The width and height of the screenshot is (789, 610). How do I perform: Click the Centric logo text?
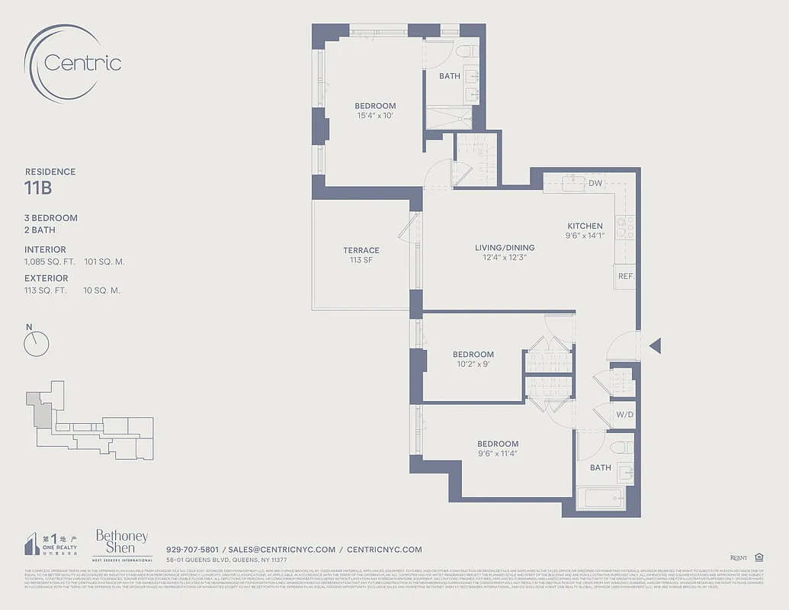pyautogui.click(x=82, y=63)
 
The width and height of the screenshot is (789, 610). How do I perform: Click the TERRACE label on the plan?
pyautogui.click(x=361, y=250)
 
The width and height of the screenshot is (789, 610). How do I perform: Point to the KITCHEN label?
pyautogui.click(x=585, y=226)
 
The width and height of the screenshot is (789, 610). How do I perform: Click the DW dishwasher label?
pyautogui.click(x=596, y=184)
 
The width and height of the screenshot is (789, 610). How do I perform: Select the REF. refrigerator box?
pyautogui.click(x=626, y=276)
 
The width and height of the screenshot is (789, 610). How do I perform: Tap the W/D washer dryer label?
pyautogui.click(x=624, y=416)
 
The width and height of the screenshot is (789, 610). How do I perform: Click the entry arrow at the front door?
pyautogui.click(x=654, y=346)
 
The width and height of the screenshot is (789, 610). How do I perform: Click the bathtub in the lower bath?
pyautogui.click(x=601, y=499)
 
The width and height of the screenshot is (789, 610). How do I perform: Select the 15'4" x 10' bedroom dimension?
pyautogui.click(x=376, y=116)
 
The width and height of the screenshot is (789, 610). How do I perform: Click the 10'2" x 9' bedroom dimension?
pyautogui.click(x=473, y=364)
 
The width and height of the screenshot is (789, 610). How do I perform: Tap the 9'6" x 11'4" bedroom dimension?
pyautogui.click(x=498, y=454)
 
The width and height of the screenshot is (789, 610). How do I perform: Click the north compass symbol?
pyautogui.click(x=36, y=344)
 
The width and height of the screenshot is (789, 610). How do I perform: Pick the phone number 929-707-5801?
pyautogui.click(x=192, y=550)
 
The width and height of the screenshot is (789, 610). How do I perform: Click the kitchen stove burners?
pyautogui.click(x=625, y=226)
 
